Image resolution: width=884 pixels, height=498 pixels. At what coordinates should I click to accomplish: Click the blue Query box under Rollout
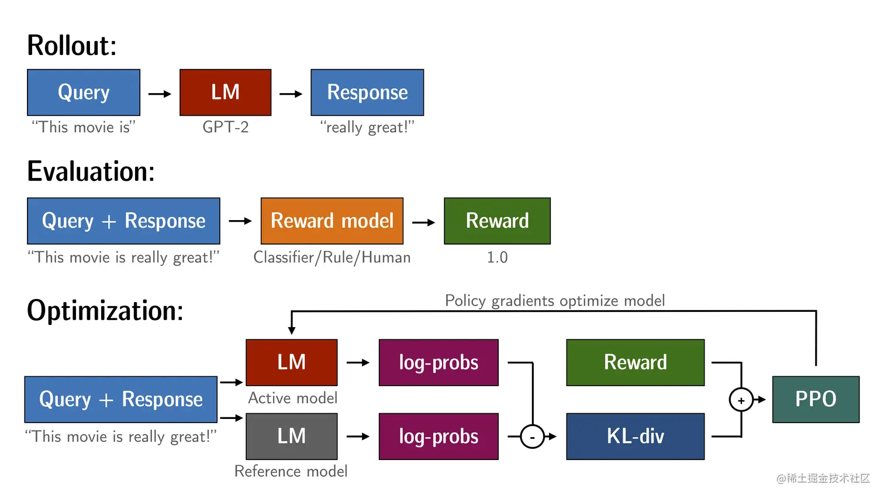(x=84, y=92)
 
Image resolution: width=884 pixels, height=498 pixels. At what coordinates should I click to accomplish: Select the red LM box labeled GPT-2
(x=225, y=92)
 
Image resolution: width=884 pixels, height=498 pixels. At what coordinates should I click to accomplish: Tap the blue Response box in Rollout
(x=367, y=92)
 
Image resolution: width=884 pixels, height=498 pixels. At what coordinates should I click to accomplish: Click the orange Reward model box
(x=331, y=221)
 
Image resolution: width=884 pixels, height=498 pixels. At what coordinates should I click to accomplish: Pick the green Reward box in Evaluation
(x=497, y=221)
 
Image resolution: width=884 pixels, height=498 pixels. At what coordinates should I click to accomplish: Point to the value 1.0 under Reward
(x=497, y=257)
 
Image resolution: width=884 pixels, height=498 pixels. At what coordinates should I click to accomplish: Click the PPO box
(x=816, y=399)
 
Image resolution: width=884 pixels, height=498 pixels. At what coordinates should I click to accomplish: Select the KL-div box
(x=635, y=436)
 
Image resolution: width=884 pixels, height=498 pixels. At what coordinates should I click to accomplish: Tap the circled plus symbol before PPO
(x=741, y=400)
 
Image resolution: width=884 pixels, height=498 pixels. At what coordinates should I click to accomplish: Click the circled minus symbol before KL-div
(x=532, y=437)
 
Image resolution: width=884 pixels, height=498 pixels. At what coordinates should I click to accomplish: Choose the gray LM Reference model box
(x=291, y=436)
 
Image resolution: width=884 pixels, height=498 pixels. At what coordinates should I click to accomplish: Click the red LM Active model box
(x=291, y=362)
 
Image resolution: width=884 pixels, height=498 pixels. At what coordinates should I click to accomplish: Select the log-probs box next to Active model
(x=438, y=362)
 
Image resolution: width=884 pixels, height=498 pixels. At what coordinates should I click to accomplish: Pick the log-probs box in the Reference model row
(x=438, y=436)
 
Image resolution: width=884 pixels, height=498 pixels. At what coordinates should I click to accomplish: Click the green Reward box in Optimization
(x=635, y=362)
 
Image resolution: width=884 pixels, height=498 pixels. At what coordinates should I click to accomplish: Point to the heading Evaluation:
(x=91, y=171)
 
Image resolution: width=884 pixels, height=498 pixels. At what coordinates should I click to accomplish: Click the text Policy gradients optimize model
(x=554, y=301)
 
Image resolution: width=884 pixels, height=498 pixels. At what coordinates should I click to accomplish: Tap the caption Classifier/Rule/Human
(x=331, y=257)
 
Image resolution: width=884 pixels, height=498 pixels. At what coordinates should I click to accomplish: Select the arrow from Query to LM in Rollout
(x=160, y=94)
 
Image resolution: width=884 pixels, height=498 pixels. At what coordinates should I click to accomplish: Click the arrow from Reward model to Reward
(x=423, y=222)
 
